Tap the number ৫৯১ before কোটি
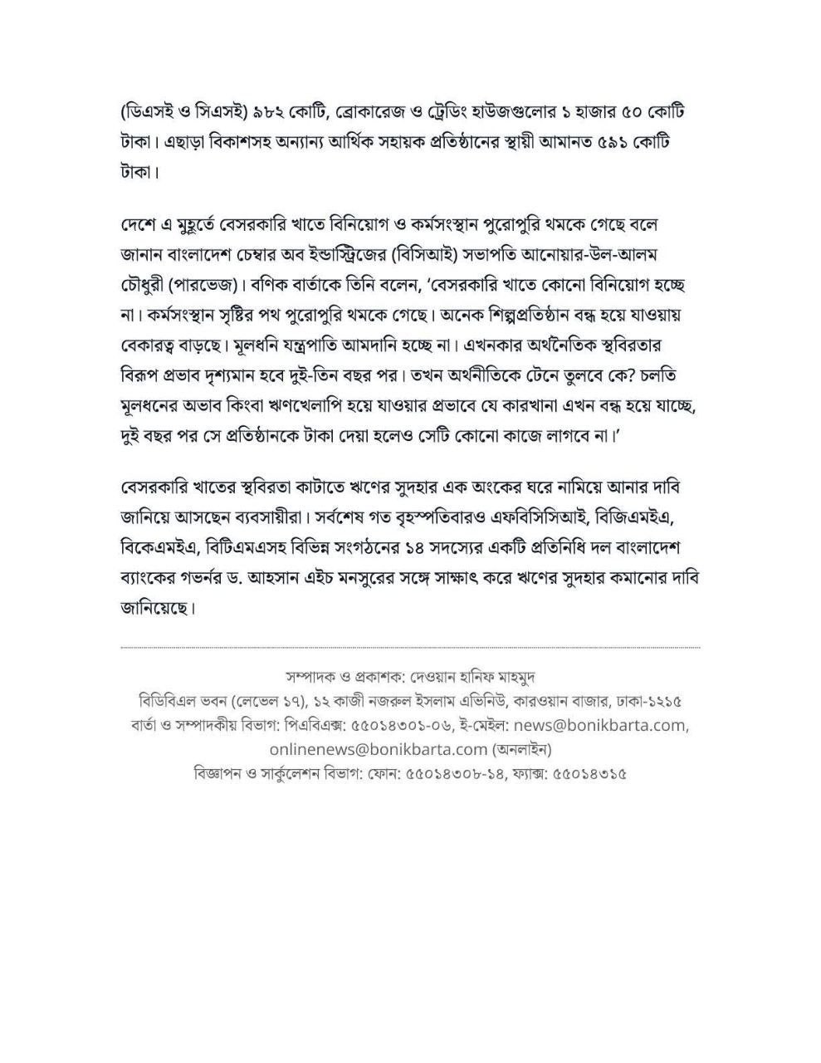612,142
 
